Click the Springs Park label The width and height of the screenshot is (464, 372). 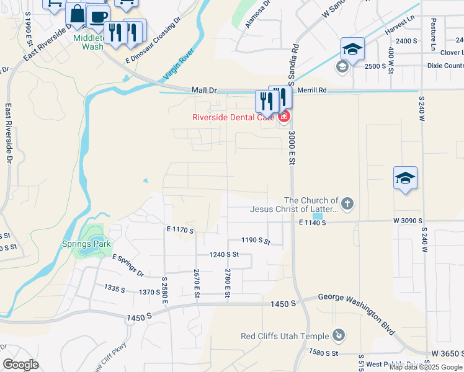point(86,244)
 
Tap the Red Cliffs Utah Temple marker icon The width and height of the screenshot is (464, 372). point(339,335)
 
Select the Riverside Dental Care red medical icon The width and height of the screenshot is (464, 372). point(284,116)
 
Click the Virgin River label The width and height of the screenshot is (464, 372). point(179,64)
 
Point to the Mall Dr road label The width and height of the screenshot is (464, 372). point(204,90)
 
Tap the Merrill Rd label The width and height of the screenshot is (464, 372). point(311,90)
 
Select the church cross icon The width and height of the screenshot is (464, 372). point(347,203)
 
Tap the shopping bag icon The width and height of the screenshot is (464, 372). point(77,14)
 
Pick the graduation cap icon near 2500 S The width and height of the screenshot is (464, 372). point(352,48)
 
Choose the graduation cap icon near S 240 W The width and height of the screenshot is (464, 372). point(405,178)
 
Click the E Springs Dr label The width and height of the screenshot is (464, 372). point(128,265)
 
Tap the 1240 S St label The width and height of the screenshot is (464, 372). point(224,254)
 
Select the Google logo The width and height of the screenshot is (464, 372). point(20,365)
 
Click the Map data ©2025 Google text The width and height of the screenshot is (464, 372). point(426,366)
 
